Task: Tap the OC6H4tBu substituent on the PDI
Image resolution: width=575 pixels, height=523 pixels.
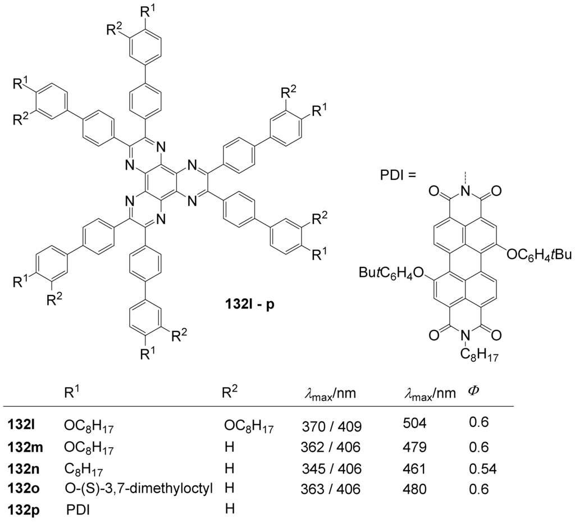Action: (x=533, y=254)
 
